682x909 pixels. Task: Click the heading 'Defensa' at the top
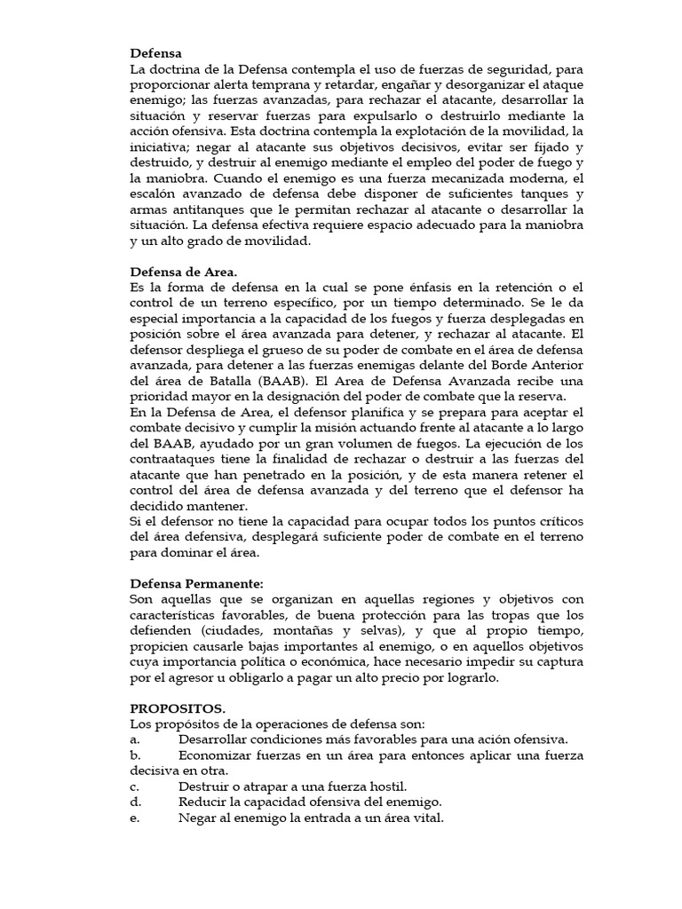[155, 53]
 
